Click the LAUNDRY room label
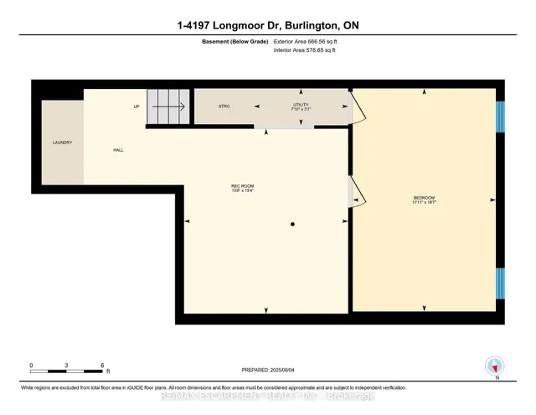point(62,143)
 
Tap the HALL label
point(119,150)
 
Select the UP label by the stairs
point(136,106)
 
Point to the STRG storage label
point(224,106)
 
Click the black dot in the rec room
point(292,225)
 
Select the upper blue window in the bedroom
point(500,117)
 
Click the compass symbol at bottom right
point(494,366)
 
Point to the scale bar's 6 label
point(102,366)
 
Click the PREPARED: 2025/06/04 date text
point(267,369)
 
